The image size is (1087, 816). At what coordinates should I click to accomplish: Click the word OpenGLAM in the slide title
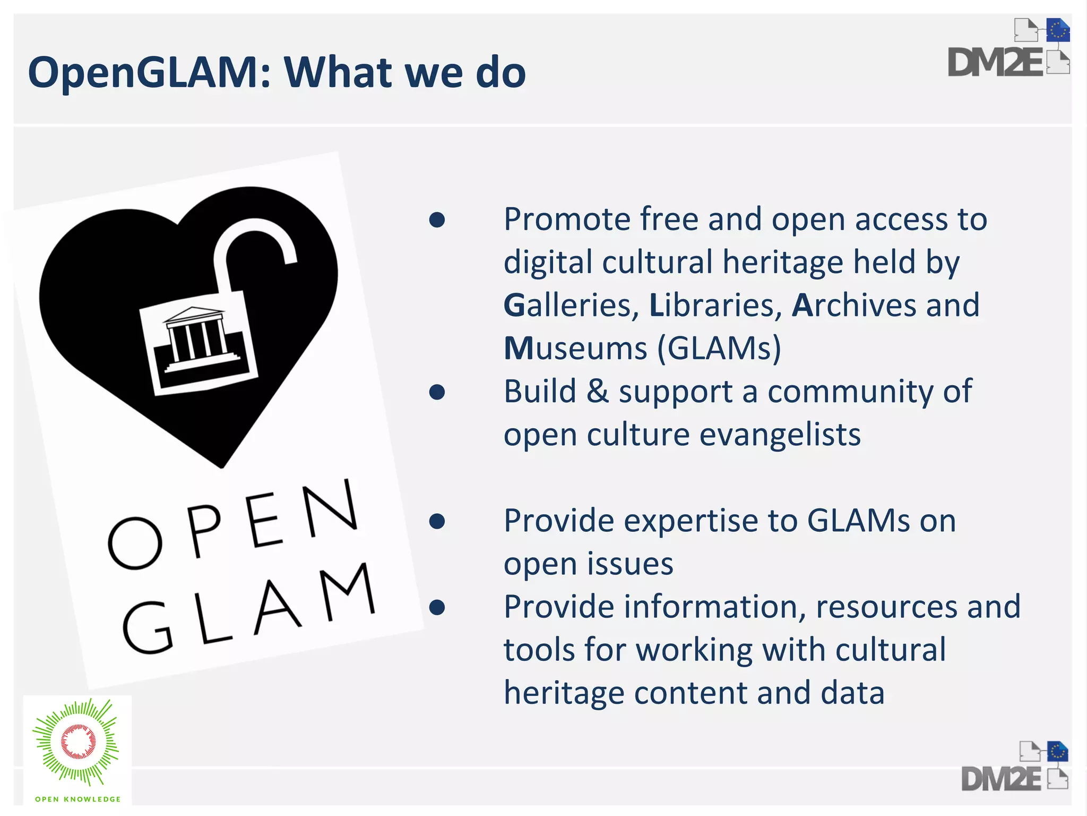[143, 73]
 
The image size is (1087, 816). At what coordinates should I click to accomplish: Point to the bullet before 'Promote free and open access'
[437, 220]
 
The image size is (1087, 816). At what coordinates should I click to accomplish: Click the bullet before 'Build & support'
[437, 393]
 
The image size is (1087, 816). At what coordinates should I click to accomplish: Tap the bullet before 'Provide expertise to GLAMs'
[437, 522]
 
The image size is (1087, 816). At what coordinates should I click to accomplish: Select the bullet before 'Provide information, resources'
[437, 608]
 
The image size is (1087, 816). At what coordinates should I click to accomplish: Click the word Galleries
[571, 306]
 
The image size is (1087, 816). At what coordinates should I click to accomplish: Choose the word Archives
[854, 306]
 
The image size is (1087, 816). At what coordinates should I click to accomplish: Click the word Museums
[575, 349]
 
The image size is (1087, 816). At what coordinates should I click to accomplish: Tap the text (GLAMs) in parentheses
[719, 349]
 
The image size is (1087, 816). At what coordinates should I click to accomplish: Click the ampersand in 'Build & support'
[598, 392]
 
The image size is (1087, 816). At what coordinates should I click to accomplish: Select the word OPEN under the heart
[234, 526]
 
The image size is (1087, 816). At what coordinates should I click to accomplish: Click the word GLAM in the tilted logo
[249, 611]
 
